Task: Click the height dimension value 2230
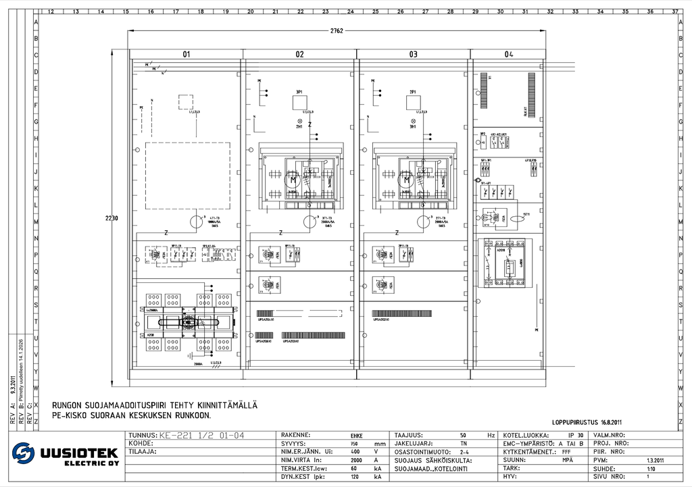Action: pos(112,218)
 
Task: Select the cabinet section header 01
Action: pos(186,54)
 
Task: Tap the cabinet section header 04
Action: pos(509,54)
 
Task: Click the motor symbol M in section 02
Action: pos(292,180)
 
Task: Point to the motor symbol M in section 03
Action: pos(405,180)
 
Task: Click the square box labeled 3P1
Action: pos(300,102)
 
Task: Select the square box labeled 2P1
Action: pos(414,102)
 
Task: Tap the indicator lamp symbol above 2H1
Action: pos(412,120)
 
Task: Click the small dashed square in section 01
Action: pos(186,102)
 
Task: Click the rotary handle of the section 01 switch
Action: pos(189,324)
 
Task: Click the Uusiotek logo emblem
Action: pos(23,453)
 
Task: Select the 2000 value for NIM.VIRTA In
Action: pos(356,459)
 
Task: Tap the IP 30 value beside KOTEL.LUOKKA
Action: pos(575,435)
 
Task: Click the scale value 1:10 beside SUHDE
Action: pos(651,468)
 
